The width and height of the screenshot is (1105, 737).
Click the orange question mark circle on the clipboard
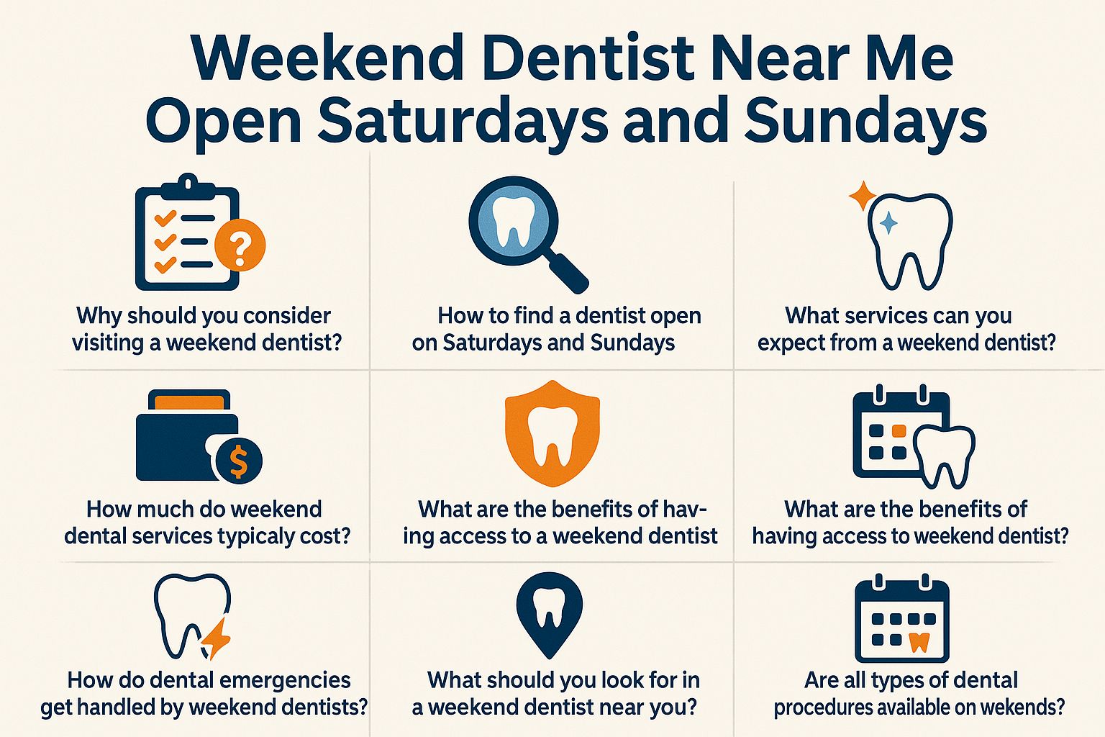click(x=240, y=245)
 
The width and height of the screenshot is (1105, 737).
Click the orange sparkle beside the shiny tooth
click(x=863, y=196)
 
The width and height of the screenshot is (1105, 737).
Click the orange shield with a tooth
click(x=552, y=433)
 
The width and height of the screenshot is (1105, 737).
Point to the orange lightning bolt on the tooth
click(x=217, y=638)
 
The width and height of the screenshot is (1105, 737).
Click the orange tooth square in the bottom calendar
click(x=919, y=642)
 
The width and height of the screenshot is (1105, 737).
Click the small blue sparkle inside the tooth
click(x=889, y=222)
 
